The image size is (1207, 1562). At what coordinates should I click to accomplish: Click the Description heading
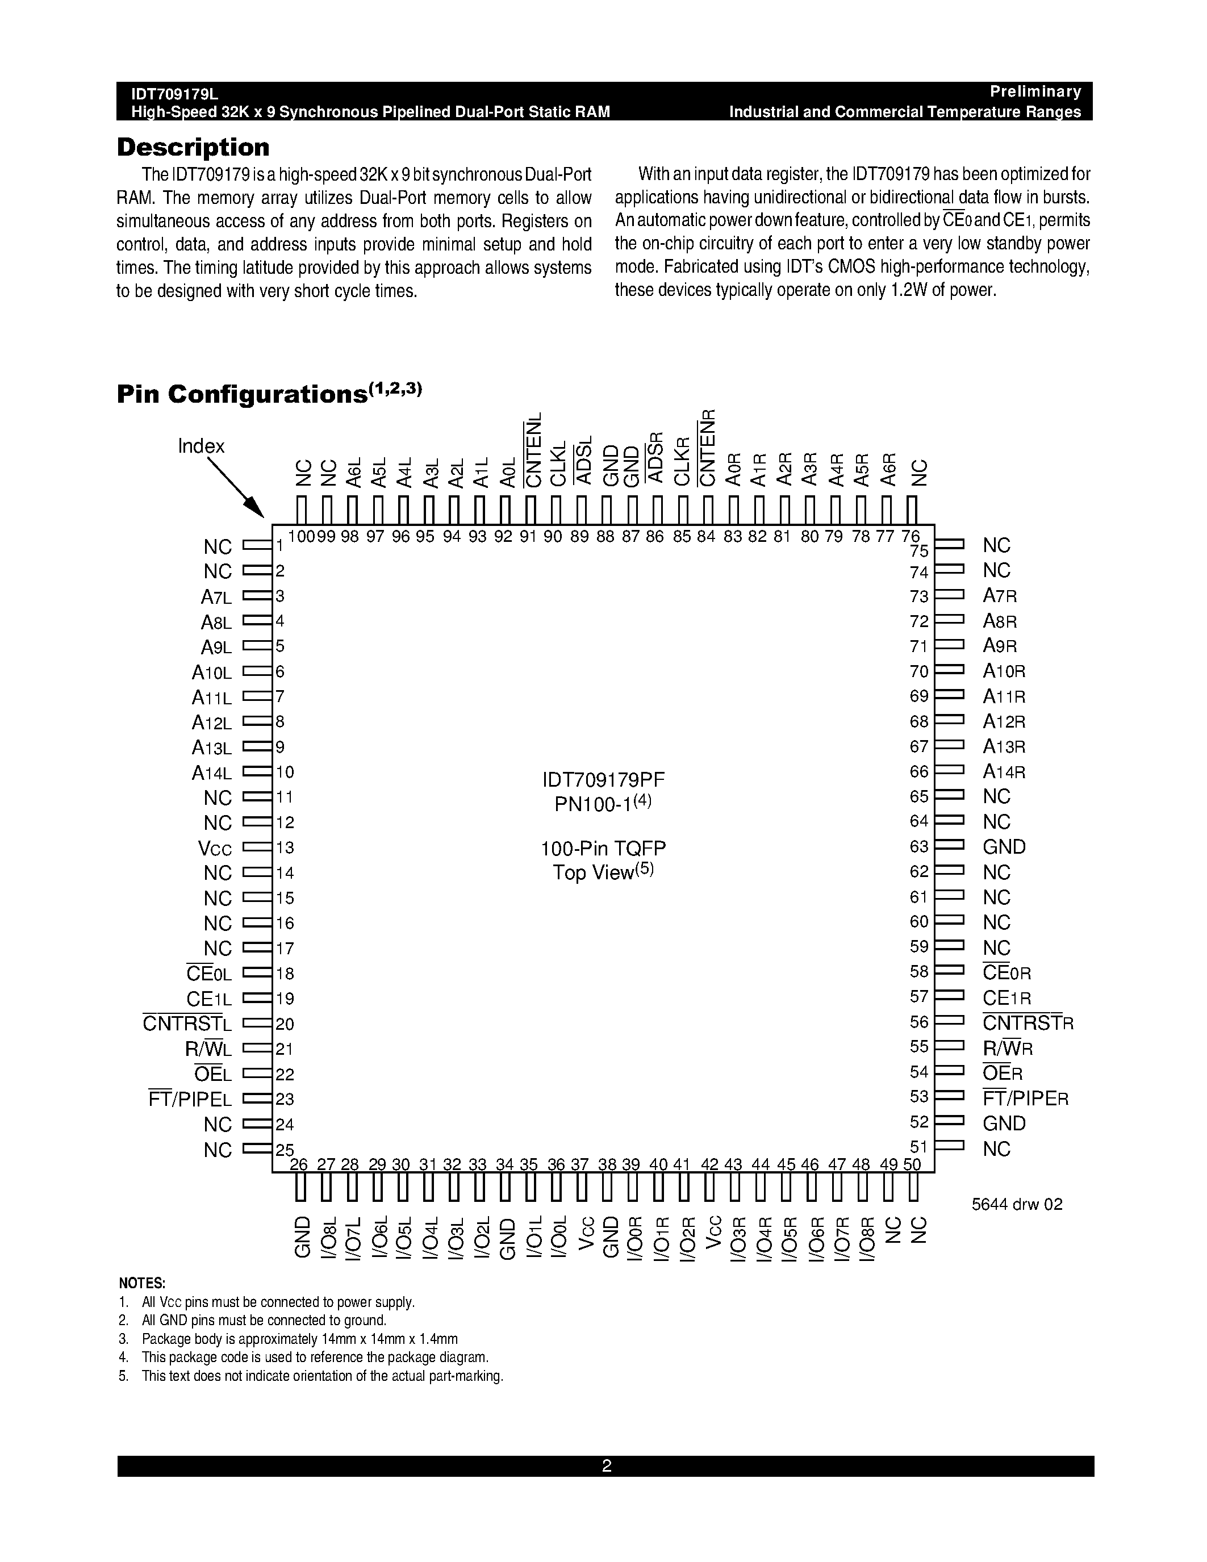(x=193, y=147)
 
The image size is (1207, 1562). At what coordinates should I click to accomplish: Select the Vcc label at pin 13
(x=215, y=848)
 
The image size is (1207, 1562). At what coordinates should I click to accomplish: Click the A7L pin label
(x=216, y=596)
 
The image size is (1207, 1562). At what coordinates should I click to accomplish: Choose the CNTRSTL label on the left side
(x=187, y=1024)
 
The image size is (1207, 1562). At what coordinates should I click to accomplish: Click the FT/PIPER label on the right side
(x=1025, y=1099)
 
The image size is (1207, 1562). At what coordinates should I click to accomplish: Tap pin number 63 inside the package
(x=919, y=847)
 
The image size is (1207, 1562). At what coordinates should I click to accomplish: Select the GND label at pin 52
(x=1004, y=1124)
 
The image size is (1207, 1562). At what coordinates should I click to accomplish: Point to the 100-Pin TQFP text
(x=603, y=849)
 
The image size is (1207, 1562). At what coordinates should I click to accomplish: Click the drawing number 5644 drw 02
(x=1017, y=1204)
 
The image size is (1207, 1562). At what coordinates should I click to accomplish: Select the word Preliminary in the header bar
(x=1035, y=91)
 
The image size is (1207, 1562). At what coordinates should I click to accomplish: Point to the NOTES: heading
(x=141, y=1283)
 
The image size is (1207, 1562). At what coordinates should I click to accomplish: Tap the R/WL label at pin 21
(x=208, y=1049)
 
